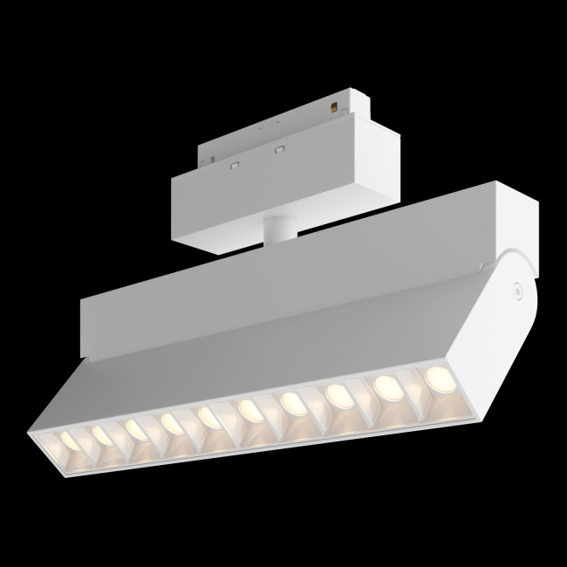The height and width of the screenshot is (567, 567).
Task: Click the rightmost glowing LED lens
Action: click(x=437, y=376)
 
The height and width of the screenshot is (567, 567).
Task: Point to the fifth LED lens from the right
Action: click(x=248, y=407)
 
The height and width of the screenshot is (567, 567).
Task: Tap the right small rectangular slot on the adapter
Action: click(x=280, y=146)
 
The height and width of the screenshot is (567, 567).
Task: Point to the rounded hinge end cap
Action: click(x=515, y=297)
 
